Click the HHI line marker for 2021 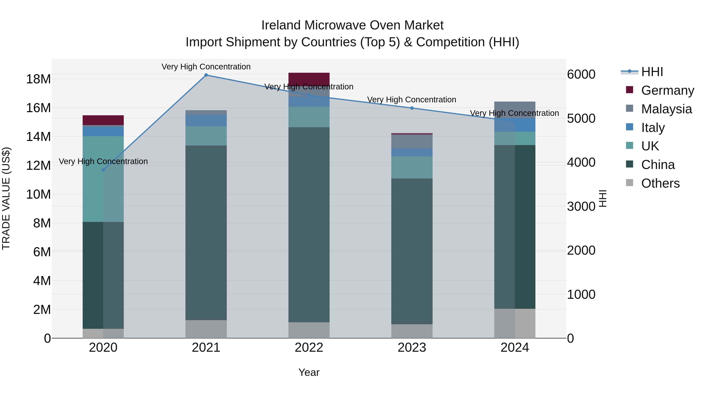click(206, 75)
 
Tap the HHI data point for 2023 click(412, 108)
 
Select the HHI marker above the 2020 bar click(103, 170)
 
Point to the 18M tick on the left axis click(38, 79)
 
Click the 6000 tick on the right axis click(581, 74)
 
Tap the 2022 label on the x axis click(309, 348)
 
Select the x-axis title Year click(309, 372)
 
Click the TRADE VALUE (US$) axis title click(6, 198)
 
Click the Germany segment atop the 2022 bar click(309, 79)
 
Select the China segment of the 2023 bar click(412, 251)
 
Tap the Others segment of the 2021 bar click(206, 329)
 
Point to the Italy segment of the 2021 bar click(206, 120)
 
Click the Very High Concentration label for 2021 click(206, 67)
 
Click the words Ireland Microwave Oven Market click(352, 25)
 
